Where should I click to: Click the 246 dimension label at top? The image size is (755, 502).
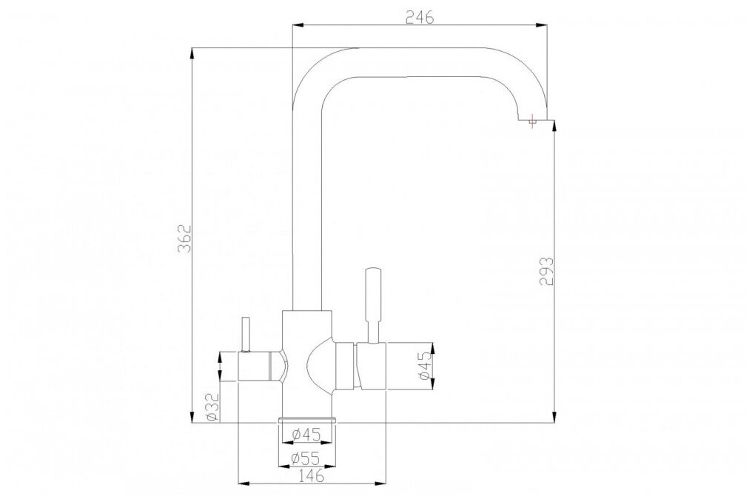point(420,17)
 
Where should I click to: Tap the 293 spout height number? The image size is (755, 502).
point(546,272)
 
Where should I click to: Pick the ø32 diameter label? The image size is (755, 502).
point(212,407)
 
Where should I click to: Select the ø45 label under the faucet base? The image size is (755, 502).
point(306,435)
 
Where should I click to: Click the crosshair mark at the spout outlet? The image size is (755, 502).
point(532,120)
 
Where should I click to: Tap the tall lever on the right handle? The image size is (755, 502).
point(372,305)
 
